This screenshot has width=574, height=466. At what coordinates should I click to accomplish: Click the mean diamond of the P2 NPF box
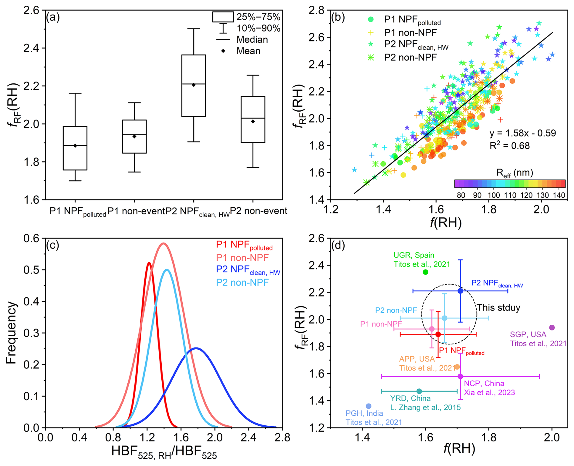point(194,85)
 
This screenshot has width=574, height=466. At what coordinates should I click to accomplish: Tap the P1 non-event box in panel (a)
point(134,136)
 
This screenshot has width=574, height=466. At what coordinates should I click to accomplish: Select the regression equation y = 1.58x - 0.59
point(522,133)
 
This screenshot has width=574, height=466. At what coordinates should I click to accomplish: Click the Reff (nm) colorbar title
point(515,173)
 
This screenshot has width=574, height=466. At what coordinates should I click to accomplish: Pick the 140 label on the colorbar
point(559,195)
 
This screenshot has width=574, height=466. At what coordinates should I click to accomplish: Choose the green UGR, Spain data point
point(425,272)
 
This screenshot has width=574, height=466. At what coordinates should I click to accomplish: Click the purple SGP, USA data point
point(552,327)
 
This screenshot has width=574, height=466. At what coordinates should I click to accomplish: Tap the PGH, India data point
point(369,406)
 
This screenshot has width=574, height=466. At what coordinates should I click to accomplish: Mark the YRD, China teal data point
point(419,391)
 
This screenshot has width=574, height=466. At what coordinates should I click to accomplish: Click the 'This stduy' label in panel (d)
point(498,307)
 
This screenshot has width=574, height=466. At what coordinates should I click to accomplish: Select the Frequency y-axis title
point(11,333)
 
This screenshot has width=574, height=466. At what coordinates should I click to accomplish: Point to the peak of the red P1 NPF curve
point(149,263)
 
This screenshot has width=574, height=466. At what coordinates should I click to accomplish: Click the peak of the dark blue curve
point(196,348)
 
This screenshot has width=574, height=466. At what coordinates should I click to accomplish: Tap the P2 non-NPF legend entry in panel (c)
point(242,283)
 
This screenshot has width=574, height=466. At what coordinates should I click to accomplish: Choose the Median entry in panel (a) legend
point(252,39)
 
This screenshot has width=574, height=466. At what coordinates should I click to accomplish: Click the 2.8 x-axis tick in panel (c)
point(282,438)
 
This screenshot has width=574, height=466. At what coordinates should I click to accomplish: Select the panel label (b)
point(338,17)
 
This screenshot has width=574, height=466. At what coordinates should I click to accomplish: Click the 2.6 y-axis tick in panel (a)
point(32,10)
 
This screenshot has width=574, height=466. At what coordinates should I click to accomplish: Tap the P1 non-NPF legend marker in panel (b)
point(371,32)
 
